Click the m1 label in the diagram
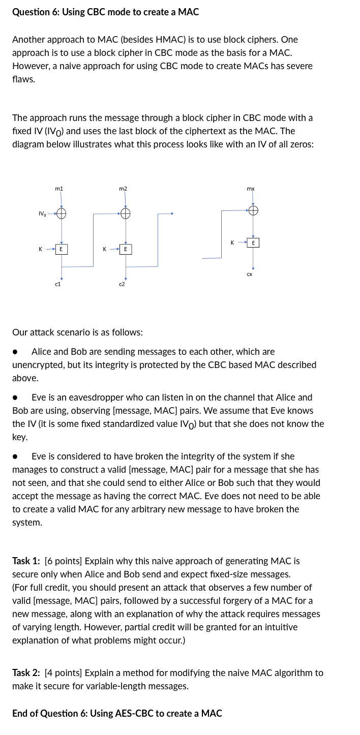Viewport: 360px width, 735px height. [59, 189]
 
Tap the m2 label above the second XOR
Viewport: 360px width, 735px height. [123, 189]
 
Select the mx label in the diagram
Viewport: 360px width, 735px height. [250, 189]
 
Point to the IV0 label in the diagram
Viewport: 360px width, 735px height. [42, 213]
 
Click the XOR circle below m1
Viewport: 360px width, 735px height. [61, 213]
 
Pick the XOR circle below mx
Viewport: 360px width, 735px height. [253, 209]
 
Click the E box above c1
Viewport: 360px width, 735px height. [61, 249]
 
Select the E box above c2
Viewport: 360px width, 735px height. [125, 249]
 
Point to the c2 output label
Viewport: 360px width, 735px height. [122, 285]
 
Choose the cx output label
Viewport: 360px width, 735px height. [250, 274]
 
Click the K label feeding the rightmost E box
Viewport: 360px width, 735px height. [232, 242]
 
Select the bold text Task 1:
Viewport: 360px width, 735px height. [26, 561]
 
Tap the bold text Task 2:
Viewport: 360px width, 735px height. [26, 673]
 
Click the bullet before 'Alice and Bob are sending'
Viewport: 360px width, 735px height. [16, 352]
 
